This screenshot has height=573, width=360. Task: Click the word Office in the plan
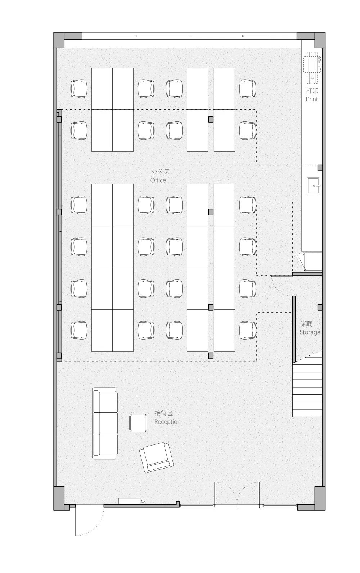click(158, 180)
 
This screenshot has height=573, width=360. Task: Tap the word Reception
click(167, 422)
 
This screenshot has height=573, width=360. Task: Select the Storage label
click(310, 332)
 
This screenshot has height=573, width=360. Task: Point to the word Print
click(312, 99)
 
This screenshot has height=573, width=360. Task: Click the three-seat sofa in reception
click(105, 423)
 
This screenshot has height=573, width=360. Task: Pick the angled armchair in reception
click(156, 457)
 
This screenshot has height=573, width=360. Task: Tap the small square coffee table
click(138, 423)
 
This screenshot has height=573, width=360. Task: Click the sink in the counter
click(313, 185)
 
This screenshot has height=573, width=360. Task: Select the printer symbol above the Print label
click(312, 67)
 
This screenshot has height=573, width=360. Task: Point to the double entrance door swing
click(237, 494)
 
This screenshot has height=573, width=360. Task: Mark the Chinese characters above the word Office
click(160, 172)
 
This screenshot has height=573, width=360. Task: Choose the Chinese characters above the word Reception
click(164, 413)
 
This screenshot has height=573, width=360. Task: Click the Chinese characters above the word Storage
click(306, 324)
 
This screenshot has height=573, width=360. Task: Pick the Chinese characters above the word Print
click(312, 90)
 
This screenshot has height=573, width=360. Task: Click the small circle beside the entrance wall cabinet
click(143, 501)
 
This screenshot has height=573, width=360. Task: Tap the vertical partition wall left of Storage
click(294, 330)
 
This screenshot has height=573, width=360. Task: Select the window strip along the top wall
click(189, 36)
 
